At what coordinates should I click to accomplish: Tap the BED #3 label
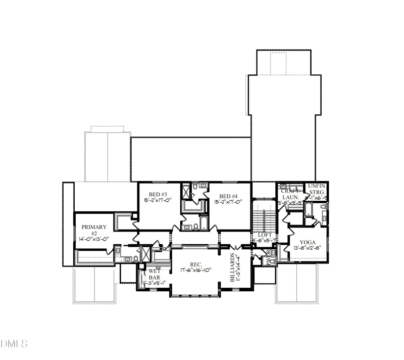coord(158,195)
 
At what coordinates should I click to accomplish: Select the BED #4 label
coord(228,196)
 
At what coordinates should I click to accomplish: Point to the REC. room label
coord(196,264)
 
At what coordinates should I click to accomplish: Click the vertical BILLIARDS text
coord(233,267)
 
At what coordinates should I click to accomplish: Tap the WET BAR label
coord(154,275)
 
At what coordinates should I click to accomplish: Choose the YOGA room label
coord(308,242)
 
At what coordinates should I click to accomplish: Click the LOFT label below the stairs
coord(265,235)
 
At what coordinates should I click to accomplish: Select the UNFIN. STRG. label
coord(317,189)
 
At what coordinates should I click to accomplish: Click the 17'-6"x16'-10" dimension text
coord(196,270)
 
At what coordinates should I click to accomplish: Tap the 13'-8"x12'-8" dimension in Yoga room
coord(308,248)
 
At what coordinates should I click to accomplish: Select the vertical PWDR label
coord(269,258)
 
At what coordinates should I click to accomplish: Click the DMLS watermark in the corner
coord(14,344)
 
